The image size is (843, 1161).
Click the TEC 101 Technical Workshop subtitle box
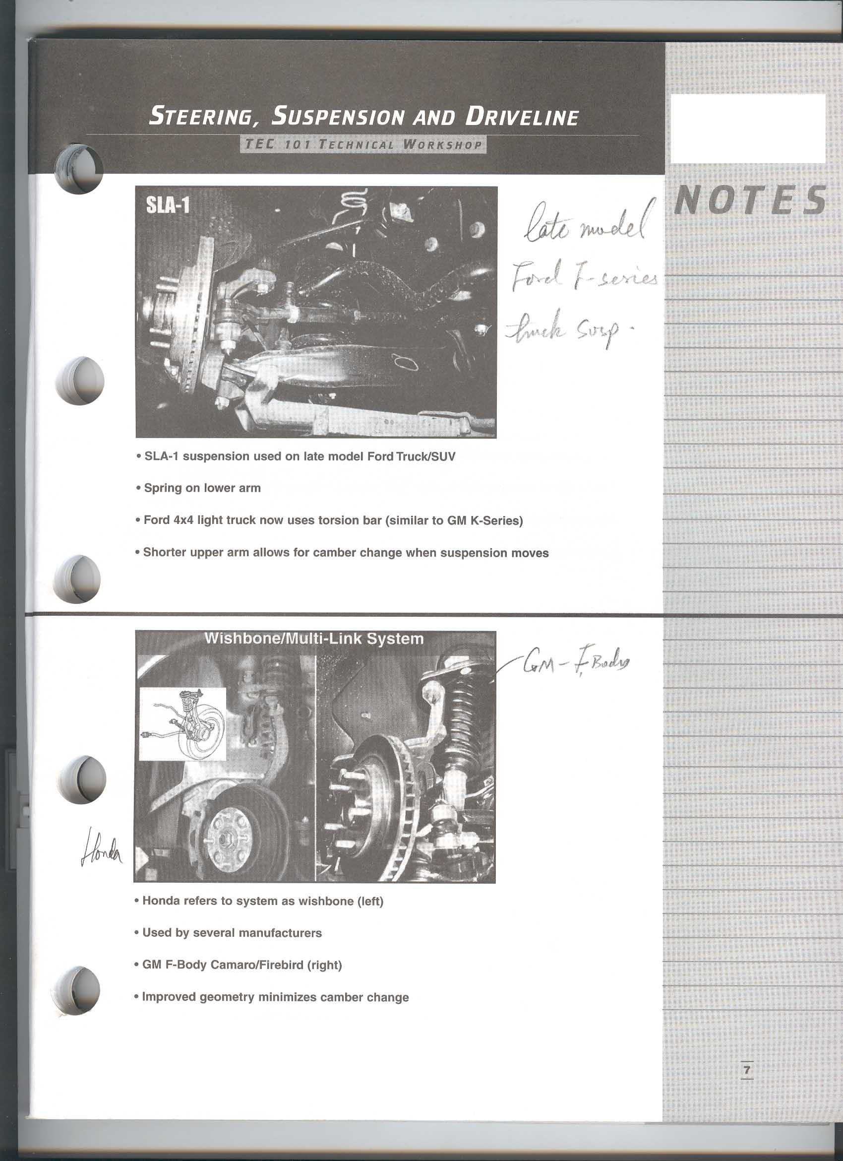coord(363,144)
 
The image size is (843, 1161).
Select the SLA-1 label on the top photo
coord(168,205)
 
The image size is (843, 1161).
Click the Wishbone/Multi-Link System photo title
coord(314,639)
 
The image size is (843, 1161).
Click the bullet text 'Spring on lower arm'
coord(202,488)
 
